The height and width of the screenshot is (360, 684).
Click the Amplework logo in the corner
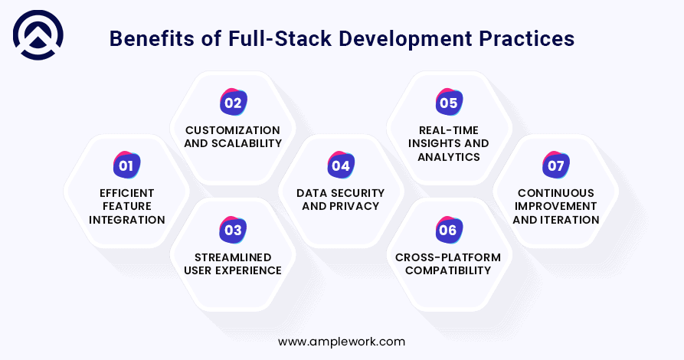(38, 35)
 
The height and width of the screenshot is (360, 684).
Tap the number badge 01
(126, 165)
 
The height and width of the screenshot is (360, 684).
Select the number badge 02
(234, 102)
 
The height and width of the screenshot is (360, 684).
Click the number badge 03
(233, 230)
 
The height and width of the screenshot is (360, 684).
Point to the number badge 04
(341, 165)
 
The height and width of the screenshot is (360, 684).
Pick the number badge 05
(449, 102)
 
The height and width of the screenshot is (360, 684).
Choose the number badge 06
(449, 230)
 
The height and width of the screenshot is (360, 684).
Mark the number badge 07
(556, 165)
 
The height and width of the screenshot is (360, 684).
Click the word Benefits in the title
(152, 38)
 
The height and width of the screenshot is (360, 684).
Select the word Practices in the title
(526, 38)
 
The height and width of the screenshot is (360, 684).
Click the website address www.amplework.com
(342, 342)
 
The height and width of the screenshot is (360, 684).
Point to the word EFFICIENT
(127, 193)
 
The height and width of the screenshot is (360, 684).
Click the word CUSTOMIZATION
(233, 130)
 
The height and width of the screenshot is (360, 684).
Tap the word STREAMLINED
(233, 257)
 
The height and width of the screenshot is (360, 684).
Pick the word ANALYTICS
(449, 157)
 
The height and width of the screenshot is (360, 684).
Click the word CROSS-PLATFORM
(448, 257)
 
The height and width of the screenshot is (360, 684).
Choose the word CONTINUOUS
(556, 193)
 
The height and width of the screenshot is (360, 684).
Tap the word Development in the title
(405, 38)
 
